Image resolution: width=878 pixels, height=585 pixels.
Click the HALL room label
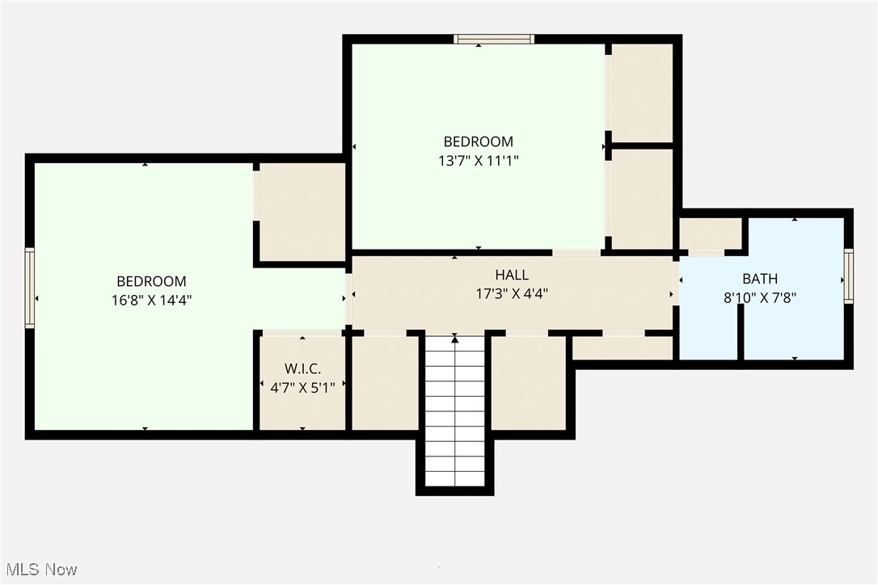(x=512, y=276)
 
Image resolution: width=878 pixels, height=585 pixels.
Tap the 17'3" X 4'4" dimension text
(x=512, y=294)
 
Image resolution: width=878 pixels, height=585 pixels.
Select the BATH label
(x=760, y=279)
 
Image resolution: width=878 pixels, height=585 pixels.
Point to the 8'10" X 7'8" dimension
(x=760, y=297)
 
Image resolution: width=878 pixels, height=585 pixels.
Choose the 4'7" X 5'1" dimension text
(x=302, y=386)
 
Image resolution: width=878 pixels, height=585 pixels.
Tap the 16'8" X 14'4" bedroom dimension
(x=151, y=300)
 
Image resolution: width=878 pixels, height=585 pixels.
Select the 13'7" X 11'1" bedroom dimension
(x=478, y=161)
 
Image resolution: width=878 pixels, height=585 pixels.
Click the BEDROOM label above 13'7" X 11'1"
(x=478, y=142)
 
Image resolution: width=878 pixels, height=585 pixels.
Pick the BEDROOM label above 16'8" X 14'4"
(x=151, y=281)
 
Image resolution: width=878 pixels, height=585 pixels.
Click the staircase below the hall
(x=454, y=412)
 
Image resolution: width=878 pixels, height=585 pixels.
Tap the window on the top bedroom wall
(x=493, y=38)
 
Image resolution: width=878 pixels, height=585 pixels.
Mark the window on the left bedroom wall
(x=30, y=288)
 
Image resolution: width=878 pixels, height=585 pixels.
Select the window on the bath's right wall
(x=848, y=276)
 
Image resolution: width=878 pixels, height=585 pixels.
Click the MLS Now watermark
(x=40, y=570)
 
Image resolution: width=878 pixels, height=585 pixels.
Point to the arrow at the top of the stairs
(x=454, y=339)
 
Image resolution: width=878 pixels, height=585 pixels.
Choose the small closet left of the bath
(x=710, y=234)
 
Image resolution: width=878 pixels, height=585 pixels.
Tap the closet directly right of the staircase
(x=529, y=383)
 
